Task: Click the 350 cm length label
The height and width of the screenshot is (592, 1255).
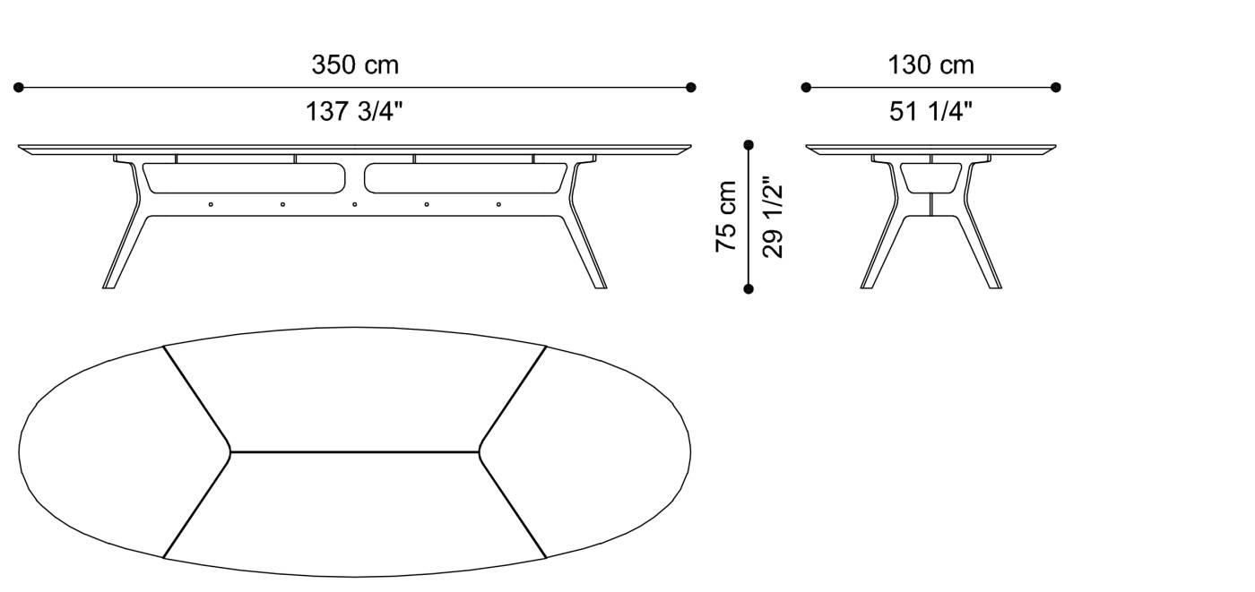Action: pos(354,65)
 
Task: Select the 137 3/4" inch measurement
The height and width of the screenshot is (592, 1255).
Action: pos(354,112)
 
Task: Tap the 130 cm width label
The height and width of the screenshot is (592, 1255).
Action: pos(930,65)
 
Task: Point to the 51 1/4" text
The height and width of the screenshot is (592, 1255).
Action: pos(930,112)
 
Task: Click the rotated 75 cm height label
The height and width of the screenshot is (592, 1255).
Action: pos(726,217)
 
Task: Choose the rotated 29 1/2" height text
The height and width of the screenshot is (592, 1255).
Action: pos(773,217)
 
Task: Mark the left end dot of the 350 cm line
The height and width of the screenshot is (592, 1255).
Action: pos(19,88)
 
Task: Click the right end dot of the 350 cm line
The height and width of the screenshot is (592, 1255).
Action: pos(690,88)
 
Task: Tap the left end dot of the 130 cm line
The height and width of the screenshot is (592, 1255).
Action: pos(806,88)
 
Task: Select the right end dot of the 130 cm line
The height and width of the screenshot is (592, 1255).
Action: pos(1055,88)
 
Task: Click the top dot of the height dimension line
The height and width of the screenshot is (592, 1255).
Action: pos(749,144)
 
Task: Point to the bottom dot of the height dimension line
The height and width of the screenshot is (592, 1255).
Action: pos(749,288)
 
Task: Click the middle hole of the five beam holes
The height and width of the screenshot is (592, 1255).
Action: pos(354,204)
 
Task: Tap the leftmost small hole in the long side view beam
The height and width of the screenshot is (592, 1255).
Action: pos(211,204)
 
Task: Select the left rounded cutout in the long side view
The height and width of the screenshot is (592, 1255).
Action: pos(244,177)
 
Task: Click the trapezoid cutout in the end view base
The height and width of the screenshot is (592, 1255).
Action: pos(930,176)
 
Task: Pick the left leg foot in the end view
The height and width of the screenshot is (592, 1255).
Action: pos(866,285)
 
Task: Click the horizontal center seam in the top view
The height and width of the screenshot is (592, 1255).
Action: pos(354,451)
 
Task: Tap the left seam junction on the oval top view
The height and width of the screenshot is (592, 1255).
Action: pos(229,451)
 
